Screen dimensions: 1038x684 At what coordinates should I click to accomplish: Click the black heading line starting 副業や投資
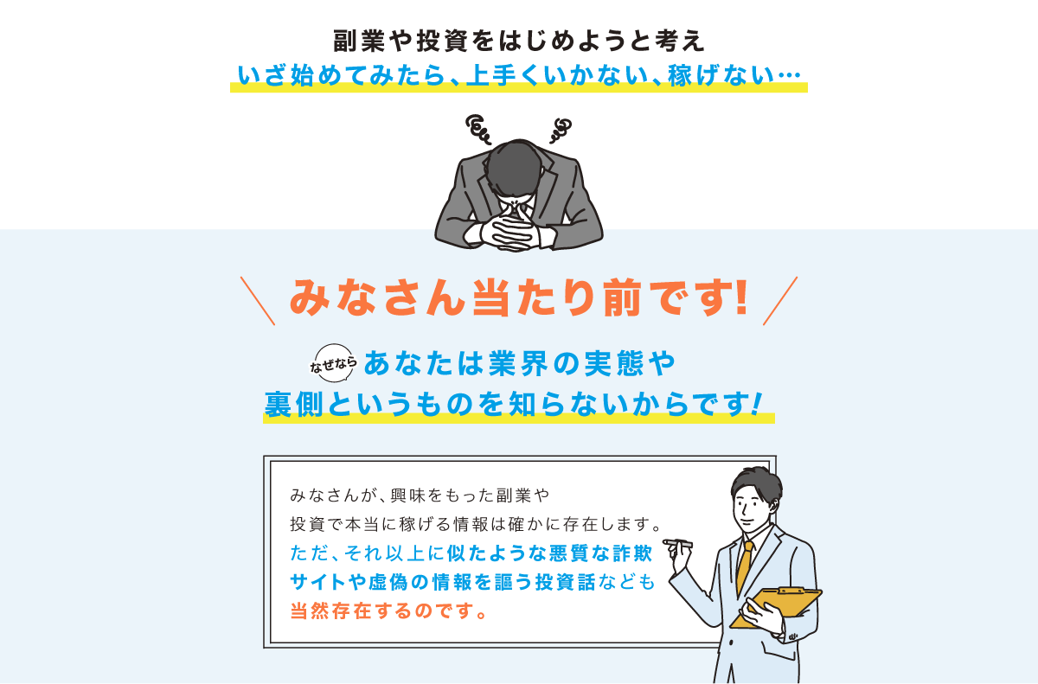tap(519, 41)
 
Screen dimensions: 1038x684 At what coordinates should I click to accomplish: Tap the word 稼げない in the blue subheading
tap(721, 75)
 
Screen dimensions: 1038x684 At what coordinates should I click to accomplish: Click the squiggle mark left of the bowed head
tap(477, 129)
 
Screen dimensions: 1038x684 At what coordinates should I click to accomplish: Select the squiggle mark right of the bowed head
tap(561, 130)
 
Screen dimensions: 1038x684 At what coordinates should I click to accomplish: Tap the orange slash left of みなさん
tap(258, 301)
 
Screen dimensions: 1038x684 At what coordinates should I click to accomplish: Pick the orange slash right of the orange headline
tap(780, 301)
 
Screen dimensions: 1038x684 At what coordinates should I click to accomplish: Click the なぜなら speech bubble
tap(333, 363)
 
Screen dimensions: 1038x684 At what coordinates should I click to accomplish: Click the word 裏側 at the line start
tap(294, 404)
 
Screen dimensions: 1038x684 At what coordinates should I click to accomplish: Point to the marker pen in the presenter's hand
tap(677, 543)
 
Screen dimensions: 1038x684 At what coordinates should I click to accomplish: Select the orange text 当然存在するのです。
tap(388, 610)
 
